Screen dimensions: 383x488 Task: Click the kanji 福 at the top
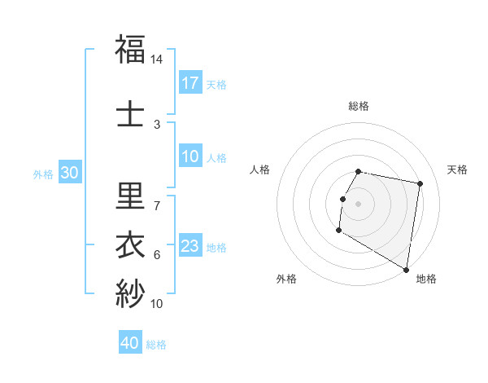(x=131, y=50)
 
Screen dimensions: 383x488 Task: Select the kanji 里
(x=131, y=196)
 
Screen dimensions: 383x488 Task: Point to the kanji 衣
(x=131, y=244)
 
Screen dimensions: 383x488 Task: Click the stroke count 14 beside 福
(x=157, y=59)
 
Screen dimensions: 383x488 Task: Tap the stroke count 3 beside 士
(x=157, y=125)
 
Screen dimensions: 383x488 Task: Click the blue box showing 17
(x=190, y=83)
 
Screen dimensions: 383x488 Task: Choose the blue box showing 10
(x=190, y=156)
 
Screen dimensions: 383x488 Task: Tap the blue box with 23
(x=190, y=246)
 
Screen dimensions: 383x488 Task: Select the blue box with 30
(x=70, y=173)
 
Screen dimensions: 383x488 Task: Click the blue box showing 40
(x=130, y=343)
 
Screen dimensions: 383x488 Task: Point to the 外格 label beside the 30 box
(x=43, y=174)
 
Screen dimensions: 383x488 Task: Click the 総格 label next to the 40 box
(x=156, y=344)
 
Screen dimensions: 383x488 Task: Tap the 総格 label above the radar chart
(x=359, y=106)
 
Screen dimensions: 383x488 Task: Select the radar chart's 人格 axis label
(x=260, y=169)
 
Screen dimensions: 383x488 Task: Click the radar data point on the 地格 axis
(x=407, y=270)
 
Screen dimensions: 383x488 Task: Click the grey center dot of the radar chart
(x=358, y=204)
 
